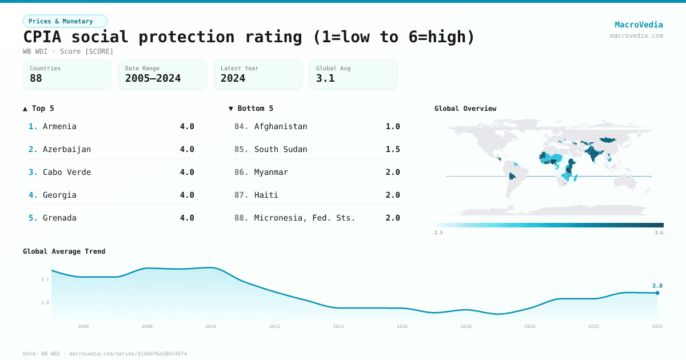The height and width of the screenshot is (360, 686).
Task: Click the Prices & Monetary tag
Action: (65, 21)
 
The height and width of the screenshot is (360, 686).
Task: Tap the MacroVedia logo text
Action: (639, 25)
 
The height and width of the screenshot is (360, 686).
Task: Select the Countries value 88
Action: (36, 78)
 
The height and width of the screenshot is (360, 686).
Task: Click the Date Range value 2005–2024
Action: (153, 78)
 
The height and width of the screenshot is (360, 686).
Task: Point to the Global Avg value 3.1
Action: (325, 78)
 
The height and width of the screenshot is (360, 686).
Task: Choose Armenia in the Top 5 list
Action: (59, 126)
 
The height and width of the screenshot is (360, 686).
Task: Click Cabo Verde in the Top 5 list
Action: (67, 172)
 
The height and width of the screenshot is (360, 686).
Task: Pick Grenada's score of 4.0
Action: (187, 218)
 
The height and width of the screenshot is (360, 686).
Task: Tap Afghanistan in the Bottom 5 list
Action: (281, 126)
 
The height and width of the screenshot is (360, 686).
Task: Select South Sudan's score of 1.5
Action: (393, 149)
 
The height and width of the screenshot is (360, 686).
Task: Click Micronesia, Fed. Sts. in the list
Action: (305, 218)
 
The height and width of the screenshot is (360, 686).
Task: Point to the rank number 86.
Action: (241, 172)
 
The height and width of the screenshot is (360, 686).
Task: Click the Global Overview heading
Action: (465, 109)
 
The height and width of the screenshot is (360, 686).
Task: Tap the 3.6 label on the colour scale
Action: (659, 233)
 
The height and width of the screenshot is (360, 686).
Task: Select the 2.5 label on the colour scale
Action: (438, 233)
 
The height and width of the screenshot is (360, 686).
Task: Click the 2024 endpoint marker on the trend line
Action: (657, 293)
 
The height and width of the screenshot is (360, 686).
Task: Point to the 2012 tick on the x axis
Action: (275, 326)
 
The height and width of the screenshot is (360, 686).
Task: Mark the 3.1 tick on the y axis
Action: (45, 279)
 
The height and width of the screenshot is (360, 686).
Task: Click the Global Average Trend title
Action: (64, 251)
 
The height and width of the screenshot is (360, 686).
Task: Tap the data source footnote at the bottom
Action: (105, 354)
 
